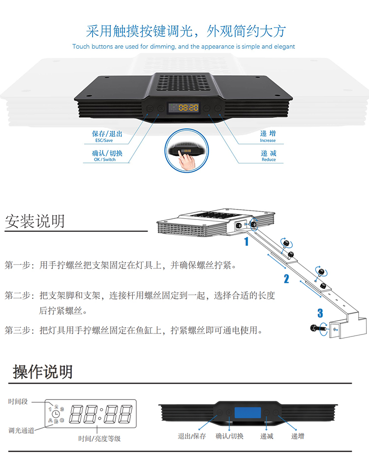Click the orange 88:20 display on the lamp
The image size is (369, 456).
[x=188, y=107]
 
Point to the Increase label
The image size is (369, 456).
[x=268, y=140]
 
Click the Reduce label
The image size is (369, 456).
[x=269, y=159]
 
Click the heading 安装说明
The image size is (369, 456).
[x=35, y=221]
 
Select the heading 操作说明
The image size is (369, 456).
[x=43, y=372]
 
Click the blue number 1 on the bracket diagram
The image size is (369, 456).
[x=246, y=242]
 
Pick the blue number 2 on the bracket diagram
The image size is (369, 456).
[x=286, y=279]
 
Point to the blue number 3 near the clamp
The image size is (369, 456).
[x=320, y=313]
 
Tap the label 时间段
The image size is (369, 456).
[x=18, y=401]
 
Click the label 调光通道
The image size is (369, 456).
[x=21, y=430]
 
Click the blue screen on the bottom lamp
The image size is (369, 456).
[x=247, y=415]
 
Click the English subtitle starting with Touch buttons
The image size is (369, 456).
[x=184, y=47]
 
